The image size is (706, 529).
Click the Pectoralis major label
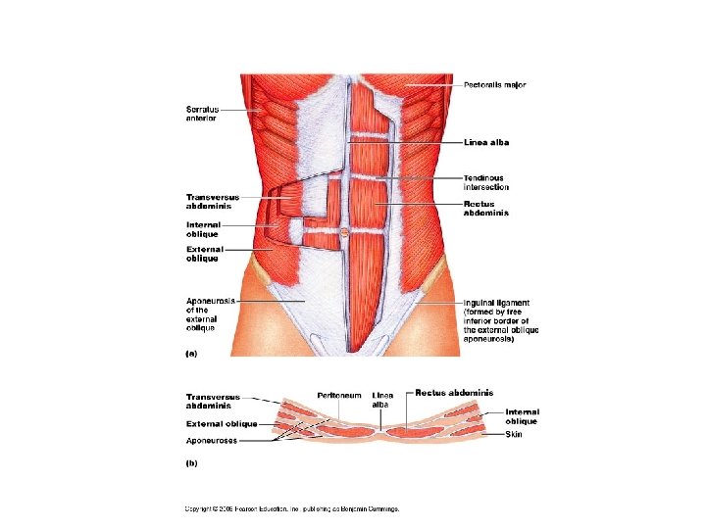click(494, 85)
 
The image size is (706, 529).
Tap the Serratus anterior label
click(201, 113)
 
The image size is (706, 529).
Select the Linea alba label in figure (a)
click(486, 142)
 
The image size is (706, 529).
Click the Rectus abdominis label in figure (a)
click(486, 208)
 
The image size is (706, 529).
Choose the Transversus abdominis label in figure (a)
click(212, 202)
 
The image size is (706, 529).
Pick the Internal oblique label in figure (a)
click(203, 229)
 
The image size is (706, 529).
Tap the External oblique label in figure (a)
click(203, 254)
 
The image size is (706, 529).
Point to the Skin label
click(514, 433)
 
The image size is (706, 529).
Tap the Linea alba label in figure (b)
click(382, 399)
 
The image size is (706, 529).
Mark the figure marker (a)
click(192, 353)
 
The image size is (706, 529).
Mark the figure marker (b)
click(192, 463)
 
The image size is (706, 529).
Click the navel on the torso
click(346, 232)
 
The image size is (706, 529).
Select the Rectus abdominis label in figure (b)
click(454, 393)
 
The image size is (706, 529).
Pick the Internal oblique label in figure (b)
click(522, 416)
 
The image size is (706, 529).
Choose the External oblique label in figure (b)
click(222, 424)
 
